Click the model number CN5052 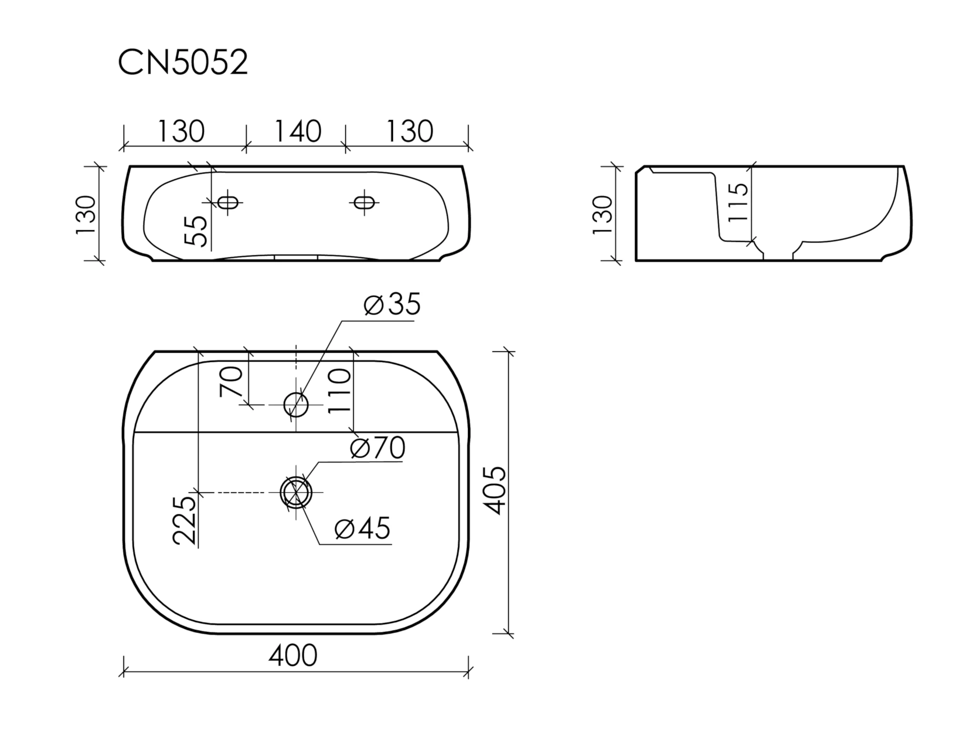click(x=183, y=62)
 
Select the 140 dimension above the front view click(x=297, y=131)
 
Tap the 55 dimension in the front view click(x=196, y=231)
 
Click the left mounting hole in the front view click(x=228, y=202)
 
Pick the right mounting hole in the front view click(x=365, y=202)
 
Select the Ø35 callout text click(x=392, y=304)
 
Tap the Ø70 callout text click(x=378, y=447)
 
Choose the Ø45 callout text click(x=363, y=528)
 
